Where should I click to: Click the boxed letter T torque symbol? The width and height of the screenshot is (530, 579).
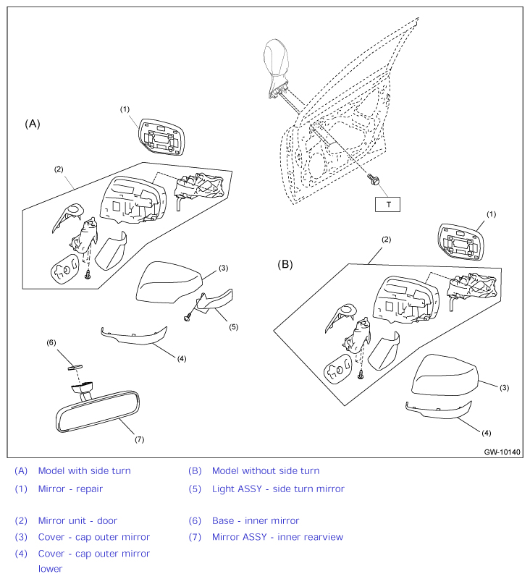(387, 204)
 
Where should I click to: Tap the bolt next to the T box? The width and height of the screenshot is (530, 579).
(374, 179)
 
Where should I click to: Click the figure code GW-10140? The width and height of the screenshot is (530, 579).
(502, 452)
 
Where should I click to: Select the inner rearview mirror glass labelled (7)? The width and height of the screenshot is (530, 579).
(98, 412)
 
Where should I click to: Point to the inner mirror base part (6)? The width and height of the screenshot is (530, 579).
(75, 367)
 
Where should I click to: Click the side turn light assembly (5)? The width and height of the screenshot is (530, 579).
(214, 300)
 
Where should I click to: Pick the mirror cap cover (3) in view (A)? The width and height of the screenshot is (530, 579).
(169, 282)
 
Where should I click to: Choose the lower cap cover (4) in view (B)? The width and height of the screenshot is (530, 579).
(438, 410)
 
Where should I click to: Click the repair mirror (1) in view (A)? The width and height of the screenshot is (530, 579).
(161, 137)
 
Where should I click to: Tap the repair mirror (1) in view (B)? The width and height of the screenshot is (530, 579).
(460, 242)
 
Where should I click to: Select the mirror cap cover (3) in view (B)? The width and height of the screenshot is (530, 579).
(445, 375)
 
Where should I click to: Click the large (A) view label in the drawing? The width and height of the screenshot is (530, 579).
(33, 124)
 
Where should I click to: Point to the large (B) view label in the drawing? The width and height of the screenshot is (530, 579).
(285, 264)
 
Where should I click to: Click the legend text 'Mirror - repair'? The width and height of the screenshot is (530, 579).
(70, 489)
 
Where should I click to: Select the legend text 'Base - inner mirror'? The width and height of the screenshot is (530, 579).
(256, 520)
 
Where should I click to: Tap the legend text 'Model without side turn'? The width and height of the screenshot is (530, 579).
(266, 471)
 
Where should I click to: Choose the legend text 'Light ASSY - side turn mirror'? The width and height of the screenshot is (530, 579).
(278, 489)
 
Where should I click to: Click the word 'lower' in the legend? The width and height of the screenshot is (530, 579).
(51, 569)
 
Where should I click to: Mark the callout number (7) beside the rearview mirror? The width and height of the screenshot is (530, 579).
(139, 439)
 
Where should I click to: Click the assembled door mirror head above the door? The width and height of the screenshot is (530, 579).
(277, 68)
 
